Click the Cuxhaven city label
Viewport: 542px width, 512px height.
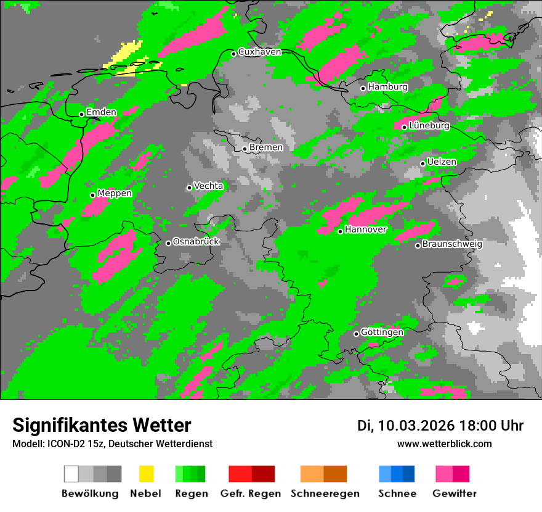click(259, 52)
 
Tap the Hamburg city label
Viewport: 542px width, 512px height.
click(388, 87)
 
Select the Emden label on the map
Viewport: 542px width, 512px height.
click(101, 112)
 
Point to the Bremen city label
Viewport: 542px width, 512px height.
click(266, 147)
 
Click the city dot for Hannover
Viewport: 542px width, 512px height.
click(340, 231)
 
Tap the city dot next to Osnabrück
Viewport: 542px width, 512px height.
click(168, 243)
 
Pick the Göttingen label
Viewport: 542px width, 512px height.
click(382, 332)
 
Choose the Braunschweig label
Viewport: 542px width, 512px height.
click(452, 244)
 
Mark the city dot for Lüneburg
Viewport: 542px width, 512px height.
click(404, 127)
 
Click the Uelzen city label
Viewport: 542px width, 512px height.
click(442, 162)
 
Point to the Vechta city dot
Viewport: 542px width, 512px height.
click(189, 188)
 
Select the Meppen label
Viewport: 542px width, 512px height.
click(115, 194)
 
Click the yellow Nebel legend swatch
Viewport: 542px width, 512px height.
click(146, 474)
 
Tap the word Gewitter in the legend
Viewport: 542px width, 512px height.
click(455, 493)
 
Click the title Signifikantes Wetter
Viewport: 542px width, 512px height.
click(102, 425)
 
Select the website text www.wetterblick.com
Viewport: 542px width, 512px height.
click(444, 444)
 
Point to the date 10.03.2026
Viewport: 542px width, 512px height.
click(416, 426)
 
